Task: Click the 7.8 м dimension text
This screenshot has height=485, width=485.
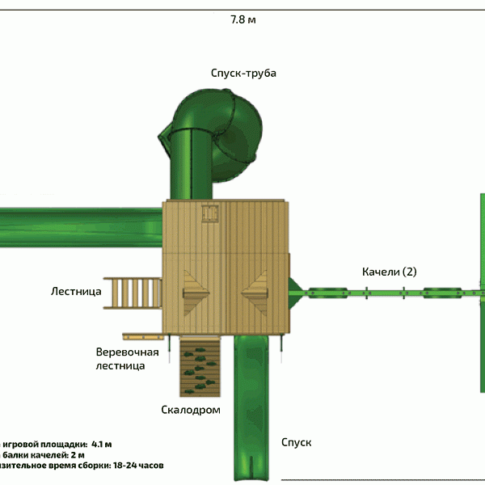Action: (x=242, y=19)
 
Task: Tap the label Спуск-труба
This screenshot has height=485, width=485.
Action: (x=243, y=74)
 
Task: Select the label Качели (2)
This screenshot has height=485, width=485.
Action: (x=389, y=272)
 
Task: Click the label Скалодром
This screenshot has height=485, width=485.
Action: (x=191, y=411)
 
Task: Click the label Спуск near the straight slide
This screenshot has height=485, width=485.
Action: (x=296, y=442)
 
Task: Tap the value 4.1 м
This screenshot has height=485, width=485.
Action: (x=101, y=444)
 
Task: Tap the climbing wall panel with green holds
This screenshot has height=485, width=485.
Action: (x=199, y=366)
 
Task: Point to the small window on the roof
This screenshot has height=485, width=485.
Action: (x=212, y=213)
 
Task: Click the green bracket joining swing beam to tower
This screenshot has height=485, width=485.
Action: (x=296, y=291)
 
